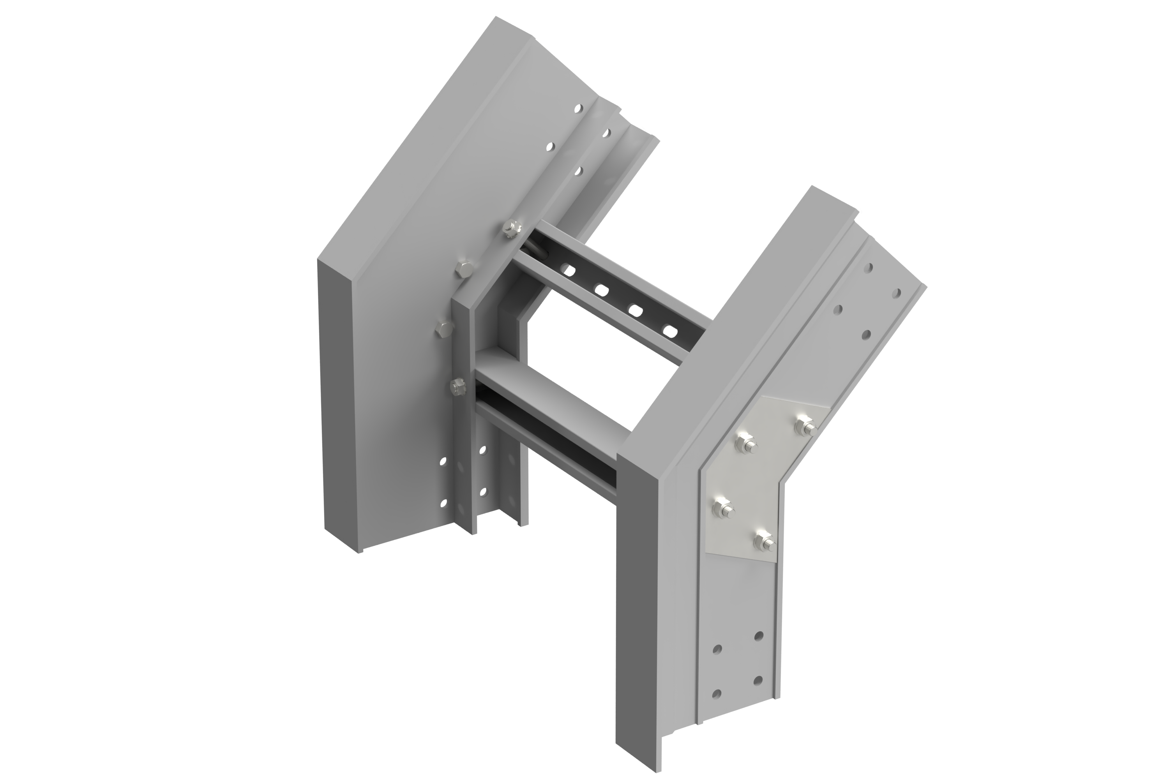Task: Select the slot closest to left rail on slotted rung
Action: tap(566, 271)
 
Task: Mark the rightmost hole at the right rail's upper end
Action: tap(897, 293)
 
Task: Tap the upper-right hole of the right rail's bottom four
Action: tap(758, 635)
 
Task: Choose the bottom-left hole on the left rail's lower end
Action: tap(96, 503)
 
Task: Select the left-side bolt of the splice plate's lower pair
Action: tap(722, 509)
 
